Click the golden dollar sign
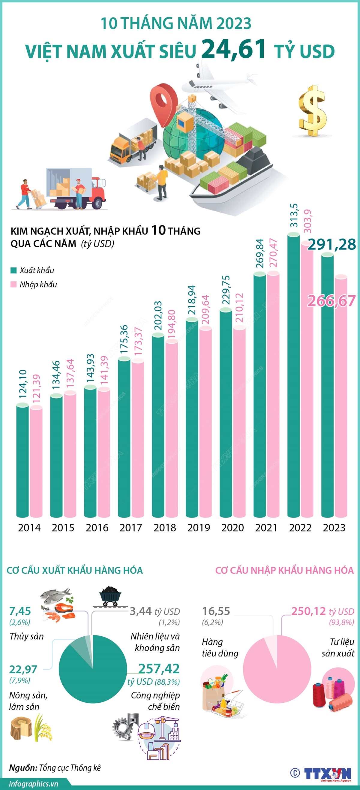tap(313, 111)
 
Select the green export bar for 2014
tap(23, 460)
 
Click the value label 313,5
tap(294, 215)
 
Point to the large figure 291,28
tap(332, 245)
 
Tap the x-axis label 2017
tap(131, 528)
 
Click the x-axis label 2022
tap(300, 528)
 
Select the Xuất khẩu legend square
tap(13, 270)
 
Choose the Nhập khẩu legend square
tap(13, 285)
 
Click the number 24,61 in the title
tap(234, 49)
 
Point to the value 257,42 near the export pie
tap(159, 668)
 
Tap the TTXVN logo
tap(328, 773)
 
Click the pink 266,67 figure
tap(331, 301)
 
